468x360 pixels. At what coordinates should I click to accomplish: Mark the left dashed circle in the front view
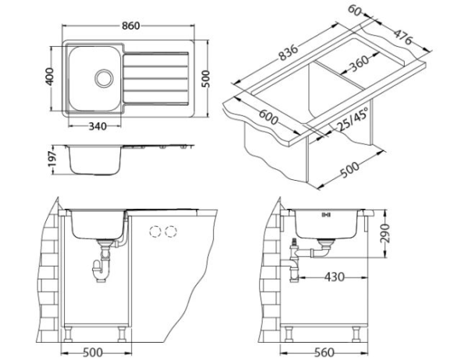point(154,231)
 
